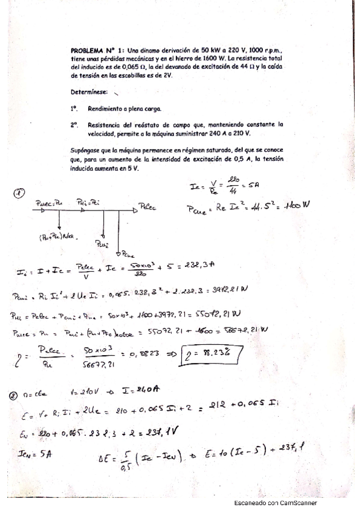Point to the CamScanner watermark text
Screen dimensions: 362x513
coord(275,503)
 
